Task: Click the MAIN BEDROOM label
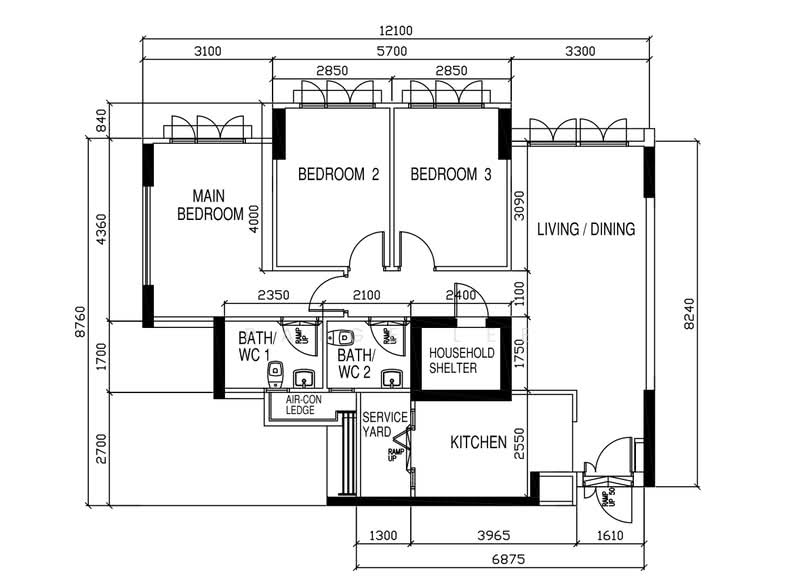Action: pyautogui.click(x=210, y=205)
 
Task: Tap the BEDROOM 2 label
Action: pyautogui.click(x=338, y=174)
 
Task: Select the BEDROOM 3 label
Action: pyautogui.click(x=451, y=174)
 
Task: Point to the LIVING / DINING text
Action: pyautogui.click(x=586, y=229)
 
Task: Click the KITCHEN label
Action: pyautogui.click(x=478, y=442)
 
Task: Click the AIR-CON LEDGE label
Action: pyautogui.click(x=300, y=405)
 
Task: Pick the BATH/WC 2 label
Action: pyautogui.click(x=356, y=364)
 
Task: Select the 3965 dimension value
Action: pyautogui.click(x=468, y=536)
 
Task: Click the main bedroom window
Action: pyautogui.click(x=208, y=129)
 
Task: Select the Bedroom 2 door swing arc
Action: pyautogui.click(x=366, y=249)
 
